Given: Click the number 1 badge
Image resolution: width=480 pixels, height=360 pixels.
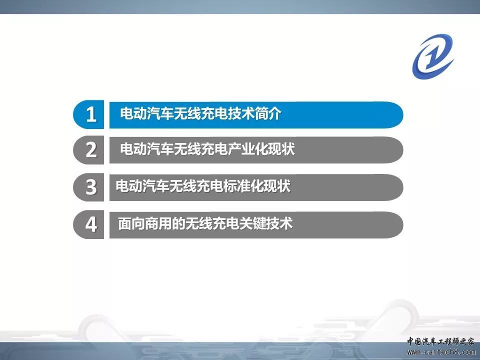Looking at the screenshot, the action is [89, 114].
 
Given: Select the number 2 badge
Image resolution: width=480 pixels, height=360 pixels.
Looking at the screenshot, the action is [89, 150].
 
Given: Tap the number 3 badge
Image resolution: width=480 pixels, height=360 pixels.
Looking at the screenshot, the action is [89, 187].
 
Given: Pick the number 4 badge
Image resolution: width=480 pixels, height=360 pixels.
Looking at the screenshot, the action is [89, 224].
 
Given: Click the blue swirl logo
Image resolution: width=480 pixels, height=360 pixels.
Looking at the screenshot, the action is [433, 56].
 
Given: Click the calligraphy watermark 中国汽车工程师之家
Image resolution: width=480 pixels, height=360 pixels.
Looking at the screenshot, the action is [440, 341].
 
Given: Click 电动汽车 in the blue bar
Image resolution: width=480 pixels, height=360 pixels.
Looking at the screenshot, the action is [147, 113].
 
